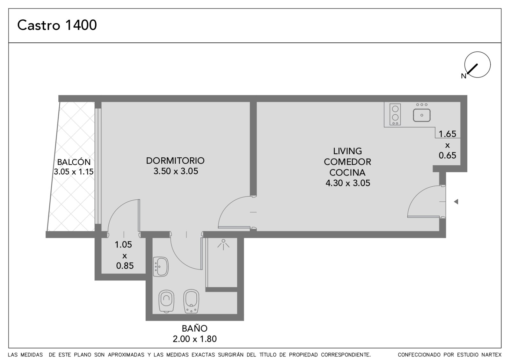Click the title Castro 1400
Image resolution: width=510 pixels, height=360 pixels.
point(57,25)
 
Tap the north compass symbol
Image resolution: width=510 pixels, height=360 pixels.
point(477,65)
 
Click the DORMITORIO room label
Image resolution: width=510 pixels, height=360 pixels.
point(175,161)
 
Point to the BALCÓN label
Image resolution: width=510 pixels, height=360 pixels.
point(74,162)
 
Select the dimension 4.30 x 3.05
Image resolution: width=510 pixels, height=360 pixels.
point(348,183)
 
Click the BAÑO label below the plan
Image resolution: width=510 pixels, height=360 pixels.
point(195,328)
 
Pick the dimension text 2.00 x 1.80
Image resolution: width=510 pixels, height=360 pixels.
point(195,339)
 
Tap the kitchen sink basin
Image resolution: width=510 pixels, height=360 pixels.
point(422,115)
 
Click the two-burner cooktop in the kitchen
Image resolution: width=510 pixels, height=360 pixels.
point(395,114)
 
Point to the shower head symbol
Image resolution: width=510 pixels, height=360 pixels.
point(223,244)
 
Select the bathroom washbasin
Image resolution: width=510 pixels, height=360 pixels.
point(161,267)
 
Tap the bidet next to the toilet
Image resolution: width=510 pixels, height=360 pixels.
point(191,301)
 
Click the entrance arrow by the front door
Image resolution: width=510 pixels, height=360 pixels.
point(456,202)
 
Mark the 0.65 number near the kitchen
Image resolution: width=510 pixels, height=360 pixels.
point(448,155)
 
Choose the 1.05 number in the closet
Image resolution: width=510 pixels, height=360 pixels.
point(123,245)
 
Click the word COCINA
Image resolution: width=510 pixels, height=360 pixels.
point(347,172)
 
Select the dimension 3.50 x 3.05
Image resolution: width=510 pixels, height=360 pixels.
point(176,171)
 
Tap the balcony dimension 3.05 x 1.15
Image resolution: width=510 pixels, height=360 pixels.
point(74,172)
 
